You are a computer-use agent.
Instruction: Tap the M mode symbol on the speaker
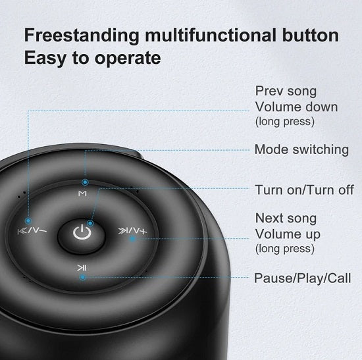point(82,193)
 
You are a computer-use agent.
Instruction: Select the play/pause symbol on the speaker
point(82,268)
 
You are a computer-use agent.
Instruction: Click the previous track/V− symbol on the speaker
point(32,230)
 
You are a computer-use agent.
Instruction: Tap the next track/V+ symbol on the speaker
point(132,231)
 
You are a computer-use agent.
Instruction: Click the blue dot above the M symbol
point(85,182)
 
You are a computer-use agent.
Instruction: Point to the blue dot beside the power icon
point(91,223)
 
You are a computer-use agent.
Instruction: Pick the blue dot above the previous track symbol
point(28,220)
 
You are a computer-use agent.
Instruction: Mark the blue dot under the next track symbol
point(132,239)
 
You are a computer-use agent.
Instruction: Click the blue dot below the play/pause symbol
point(83,277)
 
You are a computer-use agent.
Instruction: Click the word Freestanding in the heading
point(82,36)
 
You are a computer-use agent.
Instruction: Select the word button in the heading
point(310,35)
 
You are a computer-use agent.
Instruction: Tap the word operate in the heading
point(128,59)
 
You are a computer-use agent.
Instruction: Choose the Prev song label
point(286,91)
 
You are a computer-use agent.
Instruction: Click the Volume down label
point(296,107)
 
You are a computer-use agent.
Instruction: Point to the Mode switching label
point(301,150)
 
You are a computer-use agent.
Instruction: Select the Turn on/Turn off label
point(304,190)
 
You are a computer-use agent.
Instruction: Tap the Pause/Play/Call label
point(303,278)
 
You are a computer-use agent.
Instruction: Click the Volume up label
point(288,234)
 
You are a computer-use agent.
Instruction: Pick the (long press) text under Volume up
point(285,249)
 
